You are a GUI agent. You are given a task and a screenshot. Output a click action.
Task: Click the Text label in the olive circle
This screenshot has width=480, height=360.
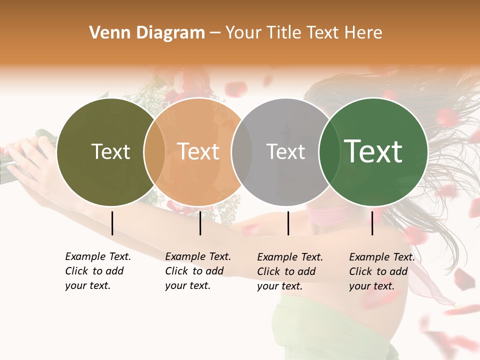pyautogui.click(x=110, y=151)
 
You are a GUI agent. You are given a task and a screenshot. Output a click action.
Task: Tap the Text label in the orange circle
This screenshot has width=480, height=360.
pyautogui.click(x=198, y=151)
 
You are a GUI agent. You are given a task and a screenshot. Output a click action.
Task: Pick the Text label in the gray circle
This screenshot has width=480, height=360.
pyautogui.click(x=285, y=151)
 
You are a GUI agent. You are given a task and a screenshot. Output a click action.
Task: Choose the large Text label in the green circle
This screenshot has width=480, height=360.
pyautogui.click(x=373, y=151)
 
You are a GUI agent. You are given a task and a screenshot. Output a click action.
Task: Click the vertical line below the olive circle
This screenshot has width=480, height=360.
pyautogui.click(x=112, y=223)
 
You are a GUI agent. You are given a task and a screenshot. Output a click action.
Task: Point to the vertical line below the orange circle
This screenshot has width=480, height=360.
pyautogui.click(x=200, y=223)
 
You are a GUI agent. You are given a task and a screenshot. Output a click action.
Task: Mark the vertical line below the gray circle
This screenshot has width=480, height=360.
pyautogui.click(x=288, y=223)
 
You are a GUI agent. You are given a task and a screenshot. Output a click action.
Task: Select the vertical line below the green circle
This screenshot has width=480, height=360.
pyautogui.click(x=372, y=223)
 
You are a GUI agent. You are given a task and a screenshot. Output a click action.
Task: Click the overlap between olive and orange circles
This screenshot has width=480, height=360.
pyautogui.click(x=154, y=152)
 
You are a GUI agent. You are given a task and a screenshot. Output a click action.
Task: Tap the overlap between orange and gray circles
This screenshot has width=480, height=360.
pyautogui.click(x=241, y=152)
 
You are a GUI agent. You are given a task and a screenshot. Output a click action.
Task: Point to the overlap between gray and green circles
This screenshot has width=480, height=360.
pyautogui.click(x=328, y=152)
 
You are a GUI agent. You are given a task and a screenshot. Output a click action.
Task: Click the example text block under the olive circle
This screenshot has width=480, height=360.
pyautogui.click(x=97, y=271)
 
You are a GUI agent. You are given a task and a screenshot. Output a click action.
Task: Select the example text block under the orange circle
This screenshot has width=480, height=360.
pyautogui.click(x=197, y=271)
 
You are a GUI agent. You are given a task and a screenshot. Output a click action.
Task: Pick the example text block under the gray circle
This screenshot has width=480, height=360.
pyautogui.click(x=289, y=271)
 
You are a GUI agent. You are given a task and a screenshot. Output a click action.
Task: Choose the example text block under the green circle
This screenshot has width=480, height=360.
pyautogui.click(x=381, y=271)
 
